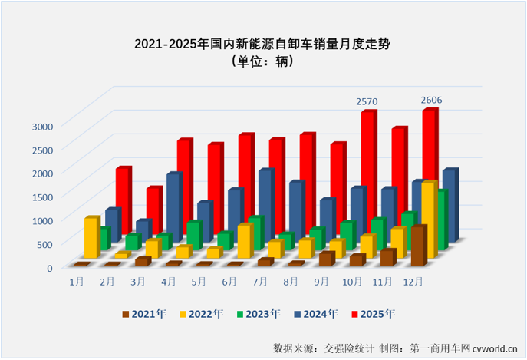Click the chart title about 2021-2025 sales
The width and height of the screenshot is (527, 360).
coord(262,45)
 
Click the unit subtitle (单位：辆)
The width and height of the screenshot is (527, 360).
coord(262,63)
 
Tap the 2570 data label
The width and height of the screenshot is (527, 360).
coord(367,101)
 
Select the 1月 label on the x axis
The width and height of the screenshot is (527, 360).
coord(77,282)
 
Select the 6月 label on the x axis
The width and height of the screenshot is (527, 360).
coord(229,282)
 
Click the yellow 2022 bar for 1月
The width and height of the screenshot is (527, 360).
coord(91,238)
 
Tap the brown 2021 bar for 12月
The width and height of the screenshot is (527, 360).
coord(417,246)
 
